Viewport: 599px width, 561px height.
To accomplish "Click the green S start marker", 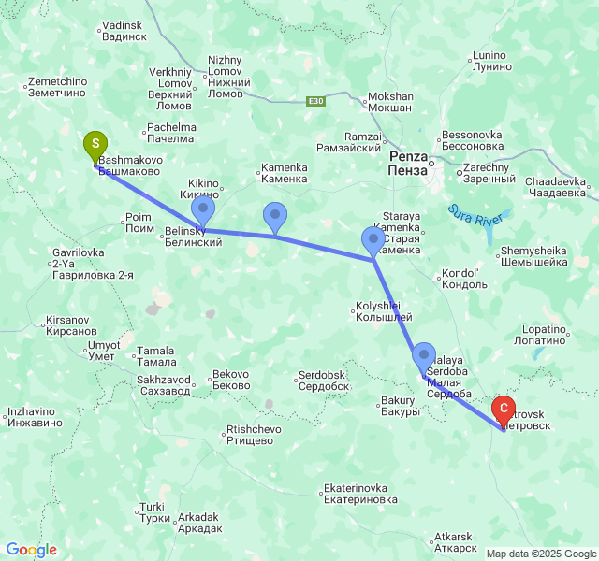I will point(95,145).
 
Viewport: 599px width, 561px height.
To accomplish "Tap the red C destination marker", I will point(504,409).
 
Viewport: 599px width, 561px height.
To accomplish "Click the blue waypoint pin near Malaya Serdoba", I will point(424,356).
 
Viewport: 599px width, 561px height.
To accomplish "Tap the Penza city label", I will point(409,163).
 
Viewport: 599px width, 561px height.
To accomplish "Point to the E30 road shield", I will point(316,101).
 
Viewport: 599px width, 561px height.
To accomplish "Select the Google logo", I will point(31,550).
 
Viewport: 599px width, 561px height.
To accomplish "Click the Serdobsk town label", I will point(324,381).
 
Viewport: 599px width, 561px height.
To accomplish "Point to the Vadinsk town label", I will point(124,31).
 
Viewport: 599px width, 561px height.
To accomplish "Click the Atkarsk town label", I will point(456,542).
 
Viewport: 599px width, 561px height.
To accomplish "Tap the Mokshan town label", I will point(391,102).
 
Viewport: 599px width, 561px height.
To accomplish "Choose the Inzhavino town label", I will point(35,417).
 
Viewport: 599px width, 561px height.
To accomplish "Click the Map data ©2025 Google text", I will point(540,554).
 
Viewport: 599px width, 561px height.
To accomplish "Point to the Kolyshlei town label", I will point(378,310).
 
